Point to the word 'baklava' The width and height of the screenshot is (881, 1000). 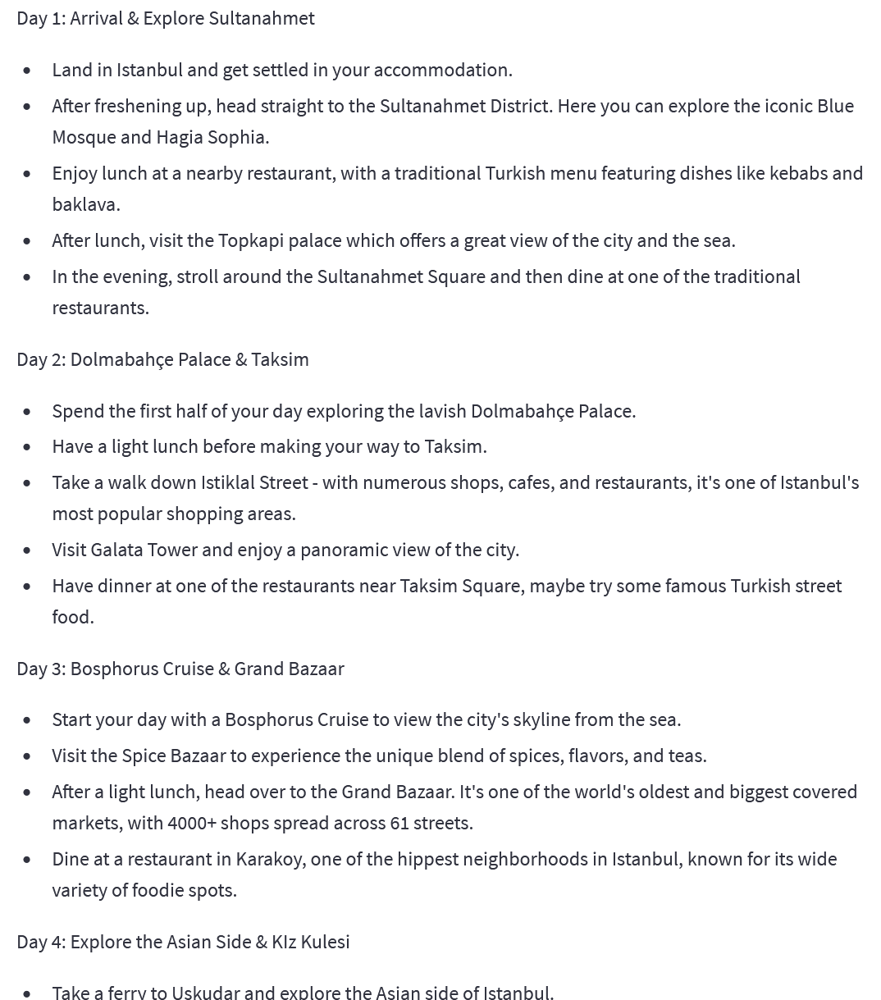(x=84, y=204)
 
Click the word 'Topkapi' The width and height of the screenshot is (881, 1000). (x=249, y=240)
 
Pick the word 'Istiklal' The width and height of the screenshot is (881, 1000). (x=227, y=482)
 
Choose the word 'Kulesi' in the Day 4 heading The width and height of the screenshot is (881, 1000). (x=325, y=942)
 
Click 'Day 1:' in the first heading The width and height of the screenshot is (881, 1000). (x=40, y=18)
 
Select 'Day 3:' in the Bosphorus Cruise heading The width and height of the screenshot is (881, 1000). (x=40, y=669)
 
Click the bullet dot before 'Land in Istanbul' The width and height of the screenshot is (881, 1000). (x=28, y=71)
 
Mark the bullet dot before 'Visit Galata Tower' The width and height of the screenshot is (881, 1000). (x=28, y=550)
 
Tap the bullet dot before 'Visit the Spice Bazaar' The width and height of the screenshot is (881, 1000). (x=28, y=756)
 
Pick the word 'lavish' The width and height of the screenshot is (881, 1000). (x=443, y=411)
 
